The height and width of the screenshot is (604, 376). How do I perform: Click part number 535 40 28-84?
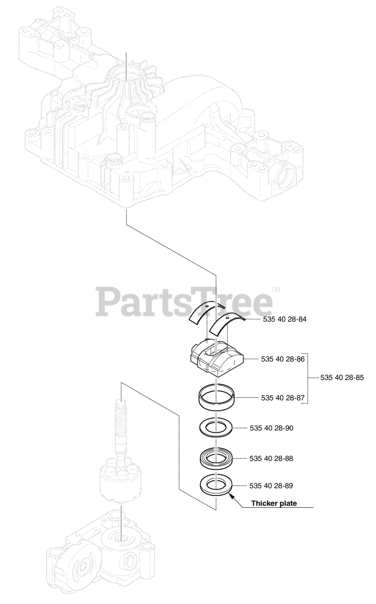tap(283, 320)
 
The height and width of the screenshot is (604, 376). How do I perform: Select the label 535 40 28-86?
tap(283, 360)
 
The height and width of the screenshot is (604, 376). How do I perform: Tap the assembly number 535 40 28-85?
tap(342, 377)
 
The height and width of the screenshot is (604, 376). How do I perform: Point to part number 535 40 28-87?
tap(283, 398)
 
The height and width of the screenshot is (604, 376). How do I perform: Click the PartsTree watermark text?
tap(184, 302)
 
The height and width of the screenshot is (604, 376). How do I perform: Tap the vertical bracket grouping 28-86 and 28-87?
tap(308, 377)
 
